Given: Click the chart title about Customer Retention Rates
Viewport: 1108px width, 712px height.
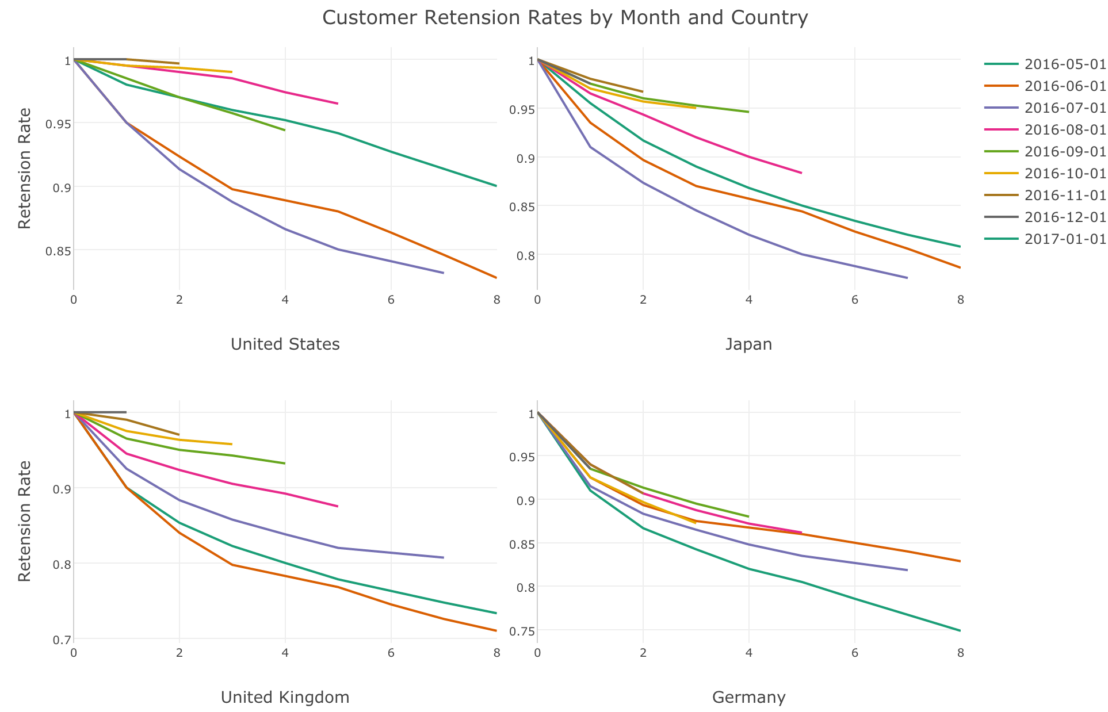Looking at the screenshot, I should coord(565,18).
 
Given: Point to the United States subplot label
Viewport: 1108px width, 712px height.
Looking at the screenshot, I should coord(285,344).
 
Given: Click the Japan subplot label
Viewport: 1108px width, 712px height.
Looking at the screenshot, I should coord(748,344).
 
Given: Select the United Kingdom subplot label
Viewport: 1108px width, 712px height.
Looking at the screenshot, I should coord(285,698).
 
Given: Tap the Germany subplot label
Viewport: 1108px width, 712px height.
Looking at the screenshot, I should coord(748,698).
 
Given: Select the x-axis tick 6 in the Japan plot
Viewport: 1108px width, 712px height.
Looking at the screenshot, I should coord(855,300).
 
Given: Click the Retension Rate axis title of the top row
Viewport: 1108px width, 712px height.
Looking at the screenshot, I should coord(25,168).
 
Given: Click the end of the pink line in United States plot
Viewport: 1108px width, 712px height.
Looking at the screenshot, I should coord(338,104).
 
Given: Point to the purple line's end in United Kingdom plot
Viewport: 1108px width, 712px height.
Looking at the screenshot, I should coord(444,557).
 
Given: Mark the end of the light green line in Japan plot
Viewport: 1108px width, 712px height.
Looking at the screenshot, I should coord(749,112).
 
